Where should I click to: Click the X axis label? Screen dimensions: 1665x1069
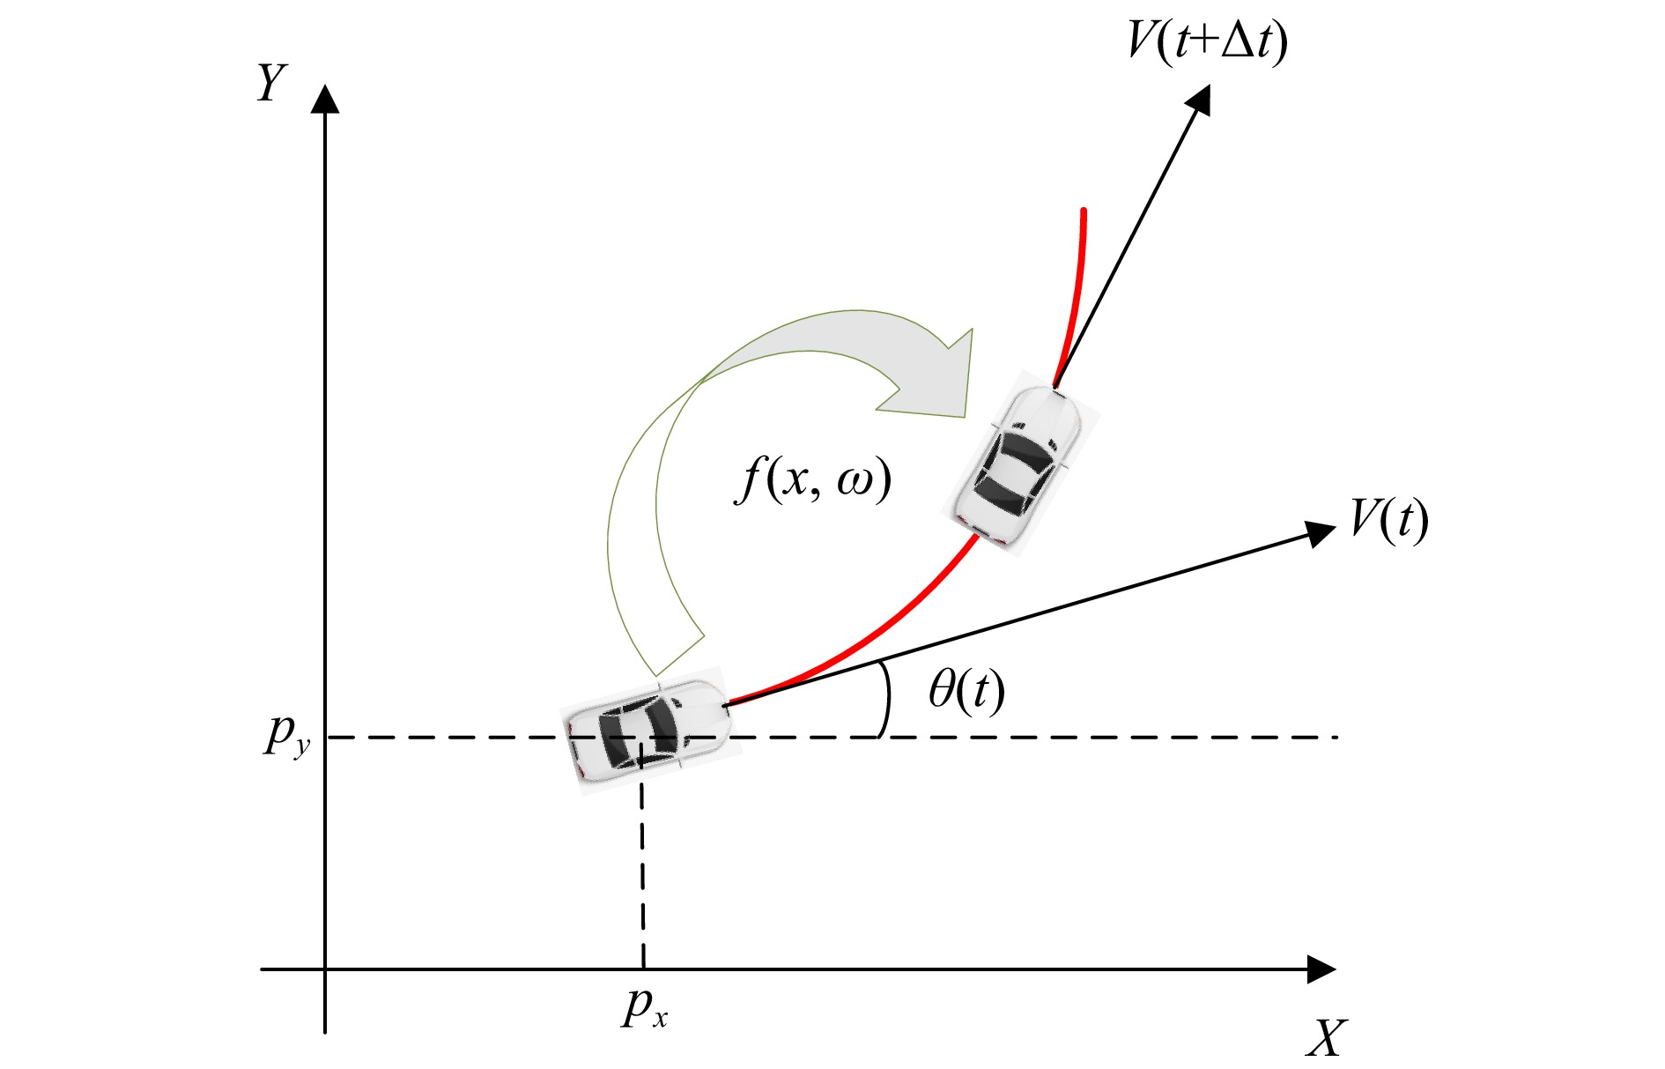pyautogui.click(x=1327, y=1037)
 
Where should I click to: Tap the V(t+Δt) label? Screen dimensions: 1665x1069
pyautogui.click(x=1208, y=41)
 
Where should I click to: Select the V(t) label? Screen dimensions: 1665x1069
pyautogui.click(x=1389, y=520)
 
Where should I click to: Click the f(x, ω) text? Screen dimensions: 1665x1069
pyautogui.click(x=813, y=480)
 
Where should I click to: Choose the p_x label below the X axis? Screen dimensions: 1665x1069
pyautogui.click(x=645, y=1006)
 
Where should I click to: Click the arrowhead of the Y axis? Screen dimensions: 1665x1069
pyautogui.click(x=326, y=98)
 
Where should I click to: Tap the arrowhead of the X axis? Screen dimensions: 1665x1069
pyautogui.click(x=1321, y=969)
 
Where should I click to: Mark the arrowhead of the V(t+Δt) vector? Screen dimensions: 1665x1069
pyautogui.click(x=1199, y=99)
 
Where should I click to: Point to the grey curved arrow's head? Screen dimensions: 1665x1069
pyautogui.click(x=934, y=375)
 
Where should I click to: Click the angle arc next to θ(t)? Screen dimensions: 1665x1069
pyautogui.click(x=886, y=701)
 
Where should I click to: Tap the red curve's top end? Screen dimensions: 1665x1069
pyautogui.click(x=1083, y=212)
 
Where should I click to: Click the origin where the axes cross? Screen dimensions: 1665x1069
pyautogui.click(x=326, y=969)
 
